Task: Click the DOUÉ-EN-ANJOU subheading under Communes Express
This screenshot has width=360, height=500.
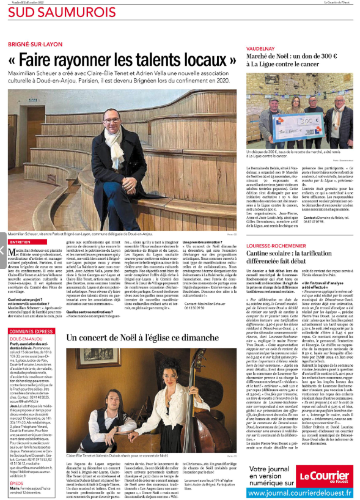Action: [28, 339]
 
